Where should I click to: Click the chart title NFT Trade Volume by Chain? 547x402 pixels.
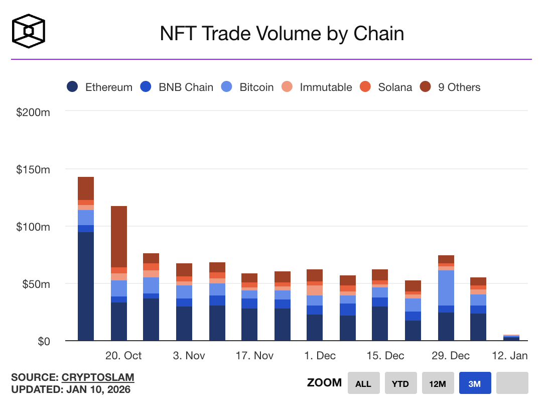[x=282, y=34]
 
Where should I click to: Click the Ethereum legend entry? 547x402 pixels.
[x=100, y=87]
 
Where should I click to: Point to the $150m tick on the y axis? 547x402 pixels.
[x=33, y=169]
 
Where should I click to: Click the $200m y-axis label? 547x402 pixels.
[x=33, y=112]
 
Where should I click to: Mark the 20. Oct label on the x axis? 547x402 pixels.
[x=123, y=356]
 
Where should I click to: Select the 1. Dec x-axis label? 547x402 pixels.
[x=320, y=356]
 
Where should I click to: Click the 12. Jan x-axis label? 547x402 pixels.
[x=509, y=356]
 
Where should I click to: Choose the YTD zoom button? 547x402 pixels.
[x=400, y=383]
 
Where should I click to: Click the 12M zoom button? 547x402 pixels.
[x=437, y=383]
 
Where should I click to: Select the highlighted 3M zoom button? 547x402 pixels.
[x=475, y=383]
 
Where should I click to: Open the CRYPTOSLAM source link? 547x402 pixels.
[x=98, y=377]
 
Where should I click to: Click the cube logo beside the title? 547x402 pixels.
[x=29, y=30]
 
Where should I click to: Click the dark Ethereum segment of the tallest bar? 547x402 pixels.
[x=86, y=286]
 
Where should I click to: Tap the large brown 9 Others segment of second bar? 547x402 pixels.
[x=119, y=236]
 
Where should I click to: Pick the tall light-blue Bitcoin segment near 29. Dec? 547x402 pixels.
[x=446, y=288]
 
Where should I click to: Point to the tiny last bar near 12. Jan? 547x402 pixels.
[x=511, y=338]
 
